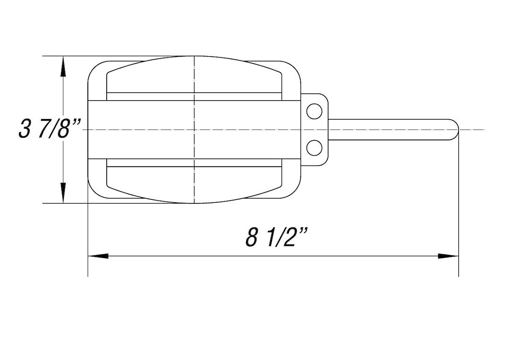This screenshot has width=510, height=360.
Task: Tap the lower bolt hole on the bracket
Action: point(314,148)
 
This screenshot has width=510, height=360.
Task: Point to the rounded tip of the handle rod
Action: point(454,129)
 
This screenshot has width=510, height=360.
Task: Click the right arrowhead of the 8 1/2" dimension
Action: point(449,256)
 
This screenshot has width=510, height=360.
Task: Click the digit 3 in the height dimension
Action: point(25,129)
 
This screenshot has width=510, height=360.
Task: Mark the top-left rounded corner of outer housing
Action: point(94,67)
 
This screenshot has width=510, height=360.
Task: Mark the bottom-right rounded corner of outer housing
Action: point(295,192)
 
